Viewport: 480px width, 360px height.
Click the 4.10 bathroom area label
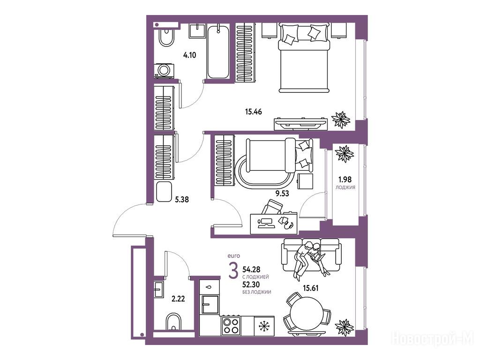click(x=189, y=55)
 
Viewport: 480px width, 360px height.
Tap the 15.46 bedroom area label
click(x=254, y=112)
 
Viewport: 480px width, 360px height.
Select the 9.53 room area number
click(x=282, y=193)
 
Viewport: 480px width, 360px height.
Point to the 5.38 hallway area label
click(x=182, y=200)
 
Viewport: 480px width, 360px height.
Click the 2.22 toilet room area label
click(x=178, y=299)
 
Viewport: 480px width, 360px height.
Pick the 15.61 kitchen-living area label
click(x=310, y=288)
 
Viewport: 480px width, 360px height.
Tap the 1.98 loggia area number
click(x=345, y=180)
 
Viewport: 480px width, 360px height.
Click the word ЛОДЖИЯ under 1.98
click(x=345, y=187)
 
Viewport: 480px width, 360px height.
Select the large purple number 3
click(x=233, y=271)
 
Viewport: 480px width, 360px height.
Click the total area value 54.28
click(x=251, y=270)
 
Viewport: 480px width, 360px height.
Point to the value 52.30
click(x=251, y=285)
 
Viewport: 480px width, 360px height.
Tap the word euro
click(x=234, y=255)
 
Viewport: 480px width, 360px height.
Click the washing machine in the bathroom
click(x=164, y=71)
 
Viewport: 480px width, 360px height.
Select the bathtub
click(x=218, y=52)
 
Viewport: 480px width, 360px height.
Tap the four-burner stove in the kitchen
click(x=231, y=326)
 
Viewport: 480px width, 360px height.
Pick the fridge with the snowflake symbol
click(x=264, y=326)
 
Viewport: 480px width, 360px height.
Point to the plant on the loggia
click(x=345, y=154)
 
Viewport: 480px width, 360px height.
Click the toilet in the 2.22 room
click(x=173, y=322)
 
